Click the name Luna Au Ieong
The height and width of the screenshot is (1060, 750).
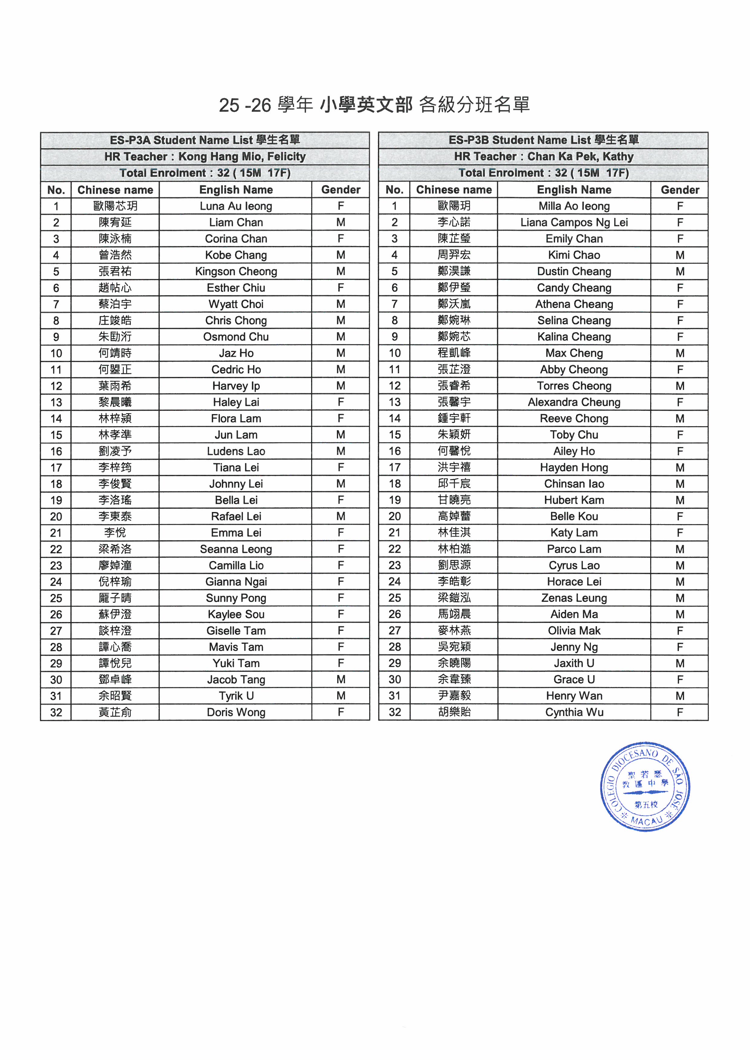click(x=236, y=206)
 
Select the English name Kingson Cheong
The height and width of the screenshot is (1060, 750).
click(x=236, y=271)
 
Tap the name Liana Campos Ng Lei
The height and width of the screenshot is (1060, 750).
click(x=574, y=222)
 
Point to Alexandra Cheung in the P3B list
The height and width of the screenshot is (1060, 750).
click(x=574, y=402)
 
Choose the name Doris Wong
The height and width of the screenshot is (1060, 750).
click(x=236, y=712)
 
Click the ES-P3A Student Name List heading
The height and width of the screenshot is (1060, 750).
click(x=205, y=140)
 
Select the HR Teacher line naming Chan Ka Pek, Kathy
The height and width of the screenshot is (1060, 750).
click(x=543, y=157)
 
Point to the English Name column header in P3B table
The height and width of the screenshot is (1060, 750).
click(x=574, y=190)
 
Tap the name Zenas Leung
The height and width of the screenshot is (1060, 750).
click(x=574, y=598)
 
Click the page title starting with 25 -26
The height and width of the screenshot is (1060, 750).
click(x=374, y=105)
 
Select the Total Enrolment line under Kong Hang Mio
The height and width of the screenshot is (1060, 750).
click(x=205, y=173)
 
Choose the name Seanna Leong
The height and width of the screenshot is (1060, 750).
click(x=236, y=549)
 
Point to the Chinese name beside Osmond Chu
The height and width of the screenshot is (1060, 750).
click(x=115, y=337)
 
